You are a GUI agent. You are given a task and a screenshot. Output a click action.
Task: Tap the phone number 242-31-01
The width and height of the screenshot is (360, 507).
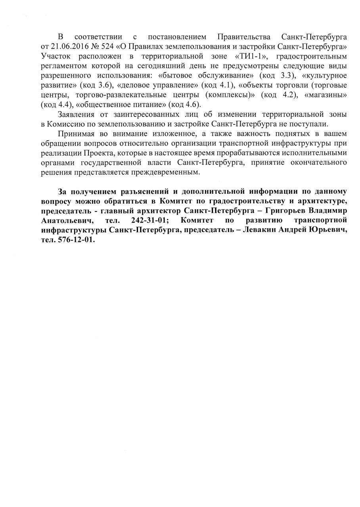(147, 220)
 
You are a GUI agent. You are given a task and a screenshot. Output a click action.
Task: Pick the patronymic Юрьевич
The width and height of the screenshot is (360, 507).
(328, 230)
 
